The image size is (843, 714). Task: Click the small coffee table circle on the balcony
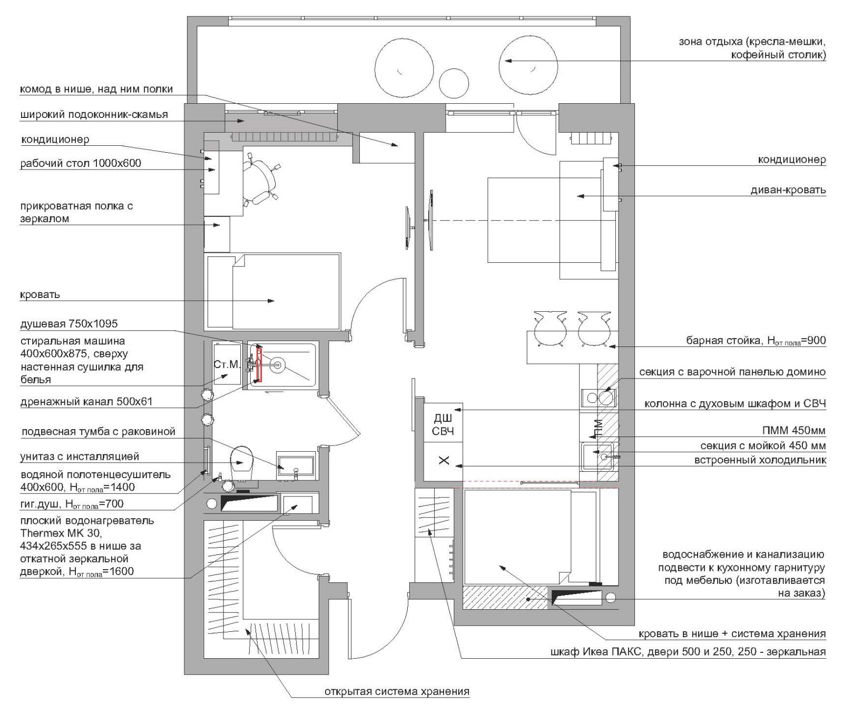coord(454,83)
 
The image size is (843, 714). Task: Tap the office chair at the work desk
coord(260,182)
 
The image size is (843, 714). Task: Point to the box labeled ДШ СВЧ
coord(443,424)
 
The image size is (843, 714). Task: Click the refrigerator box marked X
coord(443,461)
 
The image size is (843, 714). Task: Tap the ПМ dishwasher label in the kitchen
coord(598,429)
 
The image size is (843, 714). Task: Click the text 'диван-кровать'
coord(788,190)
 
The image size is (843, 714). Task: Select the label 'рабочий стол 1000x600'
coord(81,163)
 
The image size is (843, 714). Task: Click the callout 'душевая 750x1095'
coord(69,324)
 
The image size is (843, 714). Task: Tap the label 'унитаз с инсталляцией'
coord(80,457)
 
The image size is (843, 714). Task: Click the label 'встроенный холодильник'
coord(760,460)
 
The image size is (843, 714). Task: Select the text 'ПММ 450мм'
coord(794,431)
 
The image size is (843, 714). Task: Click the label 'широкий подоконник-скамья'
coord(94,114)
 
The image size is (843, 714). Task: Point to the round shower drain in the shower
coord(278,363)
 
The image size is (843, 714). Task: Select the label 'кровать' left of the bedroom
coord(40,295)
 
